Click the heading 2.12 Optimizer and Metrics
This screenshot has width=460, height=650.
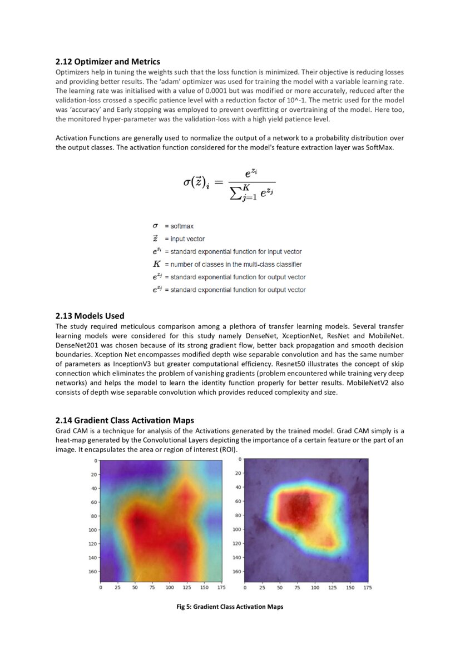tap(108, 62)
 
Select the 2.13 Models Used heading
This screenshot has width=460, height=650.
tap(90, 316)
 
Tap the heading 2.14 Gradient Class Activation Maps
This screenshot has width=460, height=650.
tap(125, 420)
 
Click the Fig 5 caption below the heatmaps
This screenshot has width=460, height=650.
tap(230, 607)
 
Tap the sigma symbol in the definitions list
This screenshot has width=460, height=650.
tap(155, 226)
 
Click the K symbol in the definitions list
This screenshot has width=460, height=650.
tap(156, 264)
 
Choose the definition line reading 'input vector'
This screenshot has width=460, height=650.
tap(184, 239)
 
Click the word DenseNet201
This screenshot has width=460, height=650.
tap(76, 345)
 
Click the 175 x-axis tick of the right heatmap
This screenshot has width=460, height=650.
tap(367, 587)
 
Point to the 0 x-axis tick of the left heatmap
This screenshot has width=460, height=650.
tap(101, 587)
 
